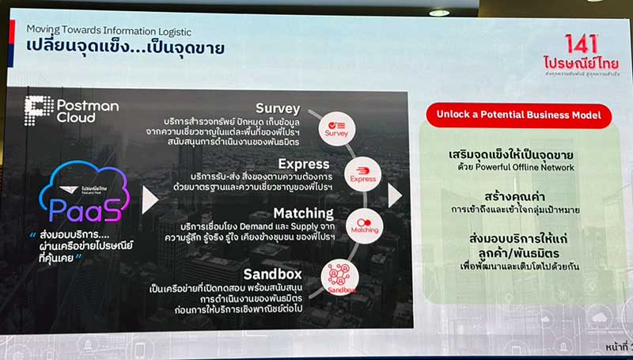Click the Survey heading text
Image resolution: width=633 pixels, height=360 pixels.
[278, 108]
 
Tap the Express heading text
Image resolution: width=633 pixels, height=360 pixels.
[281, 163]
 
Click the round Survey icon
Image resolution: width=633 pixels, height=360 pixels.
[336, 128]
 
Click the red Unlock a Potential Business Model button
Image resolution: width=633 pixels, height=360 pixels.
[520, 115]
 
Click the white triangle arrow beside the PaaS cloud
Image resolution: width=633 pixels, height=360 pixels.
[150, 199]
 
